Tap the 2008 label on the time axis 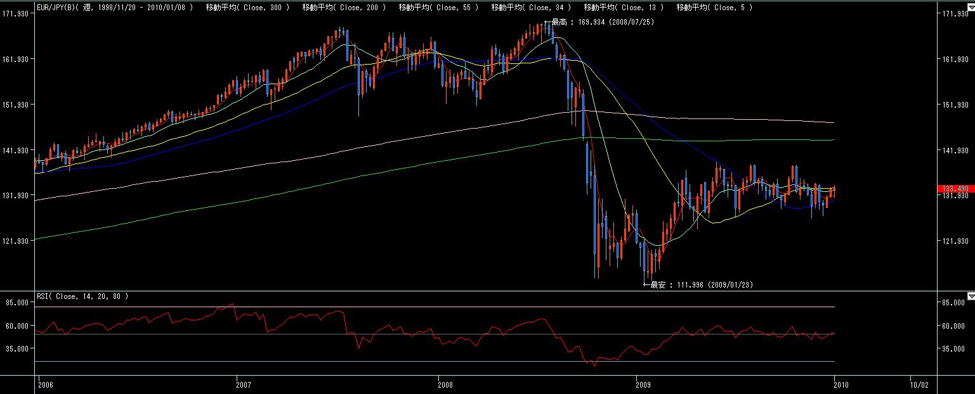click(x=446, y=384)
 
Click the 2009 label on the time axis click(x=643, y=384)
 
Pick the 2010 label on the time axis click(x=841, y=384)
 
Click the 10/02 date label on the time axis click(x=919, y=384)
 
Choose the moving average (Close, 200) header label click(x=344, y=7)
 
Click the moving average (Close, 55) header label click(x=438, y=7)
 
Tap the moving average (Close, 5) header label click(x=714, y=7)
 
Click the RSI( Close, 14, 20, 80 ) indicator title click(x=82, y=296)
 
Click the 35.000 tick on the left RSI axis click(x=17, y=348)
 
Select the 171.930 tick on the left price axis click(x=17, y=13)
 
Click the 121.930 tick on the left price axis click(x=17, y=241)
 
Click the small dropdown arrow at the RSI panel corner click(x=971, y=296)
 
